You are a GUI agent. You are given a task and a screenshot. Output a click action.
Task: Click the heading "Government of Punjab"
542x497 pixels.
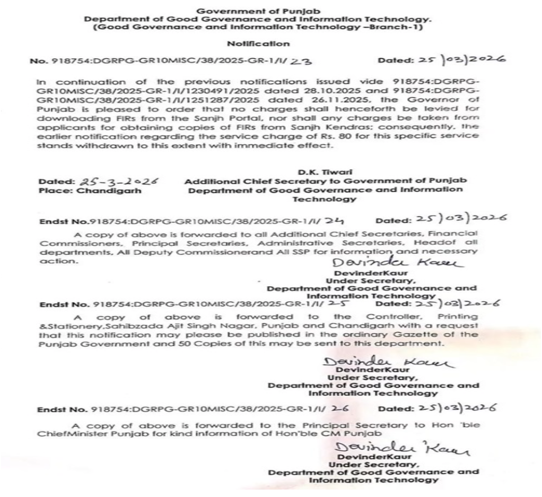pyautogui.click(x=258, y=11)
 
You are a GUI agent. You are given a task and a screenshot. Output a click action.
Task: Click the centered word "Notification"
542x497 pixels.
pyautogui.click(x=258, y=44)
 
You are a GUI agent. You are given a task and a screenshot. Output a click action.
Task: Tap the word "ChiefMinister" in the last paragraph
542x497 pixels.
pyautogui.click(x=62, y=433)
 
